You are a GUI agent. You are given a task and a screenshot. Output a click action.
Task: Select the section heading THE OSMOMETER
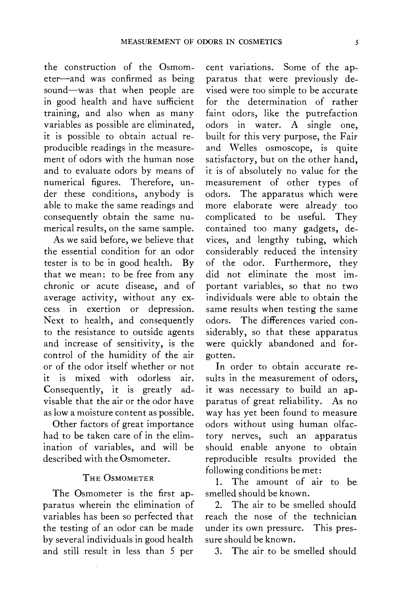(x=118, y=478)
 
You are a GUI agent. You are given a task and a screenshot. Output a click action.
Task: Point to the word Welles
(x=244, y=148)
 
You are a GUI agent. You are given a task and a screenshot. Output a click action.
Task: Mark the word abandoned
(x=291, y=343)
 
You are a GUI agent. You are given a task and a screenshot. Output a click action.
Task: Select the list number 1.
(x=218, y=482)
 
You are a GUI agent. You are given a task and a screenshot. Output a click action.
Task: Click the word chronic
(x=59, y=286)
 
